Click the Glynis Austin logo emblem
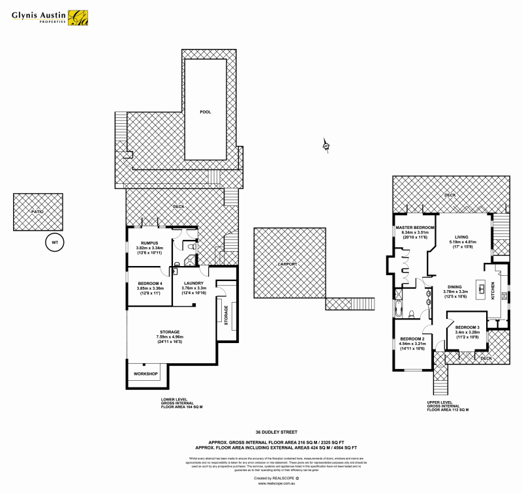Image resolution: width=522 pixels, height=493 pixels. pos(80,17)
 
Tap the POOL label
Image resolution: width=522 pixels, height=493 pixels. pos(206,112)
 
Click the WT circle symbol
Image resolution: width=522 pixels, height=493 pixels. pos(55,243)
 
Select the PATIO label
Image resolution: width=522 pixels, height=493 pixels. pos(38,211)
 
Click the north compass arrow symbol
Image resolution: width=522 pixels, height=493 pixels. pos(326,145)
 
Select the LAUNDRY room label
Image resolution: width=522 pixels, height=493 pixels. pos(194,282)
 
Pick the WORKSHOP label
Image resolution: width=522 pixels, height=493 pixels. pos(146,374)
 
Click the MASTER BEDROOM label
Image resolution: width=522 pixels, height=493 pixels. pos(415,228)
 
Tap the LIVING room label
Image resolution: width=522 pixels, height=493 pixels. pos(463,237)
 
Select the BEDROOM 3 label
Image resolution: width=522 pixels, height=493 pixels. pos(467,327)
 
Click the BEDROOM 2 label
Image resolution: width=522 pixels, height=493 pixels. pos(412,339)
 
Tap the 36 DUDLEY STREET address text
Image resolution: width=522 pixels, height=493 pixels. pos(272,431)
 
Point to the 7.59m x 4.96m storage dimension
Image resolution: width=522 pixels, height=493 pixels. pos(169,336)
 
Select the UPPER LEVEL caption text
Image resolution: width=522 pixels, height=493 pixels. pos(440,402)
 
